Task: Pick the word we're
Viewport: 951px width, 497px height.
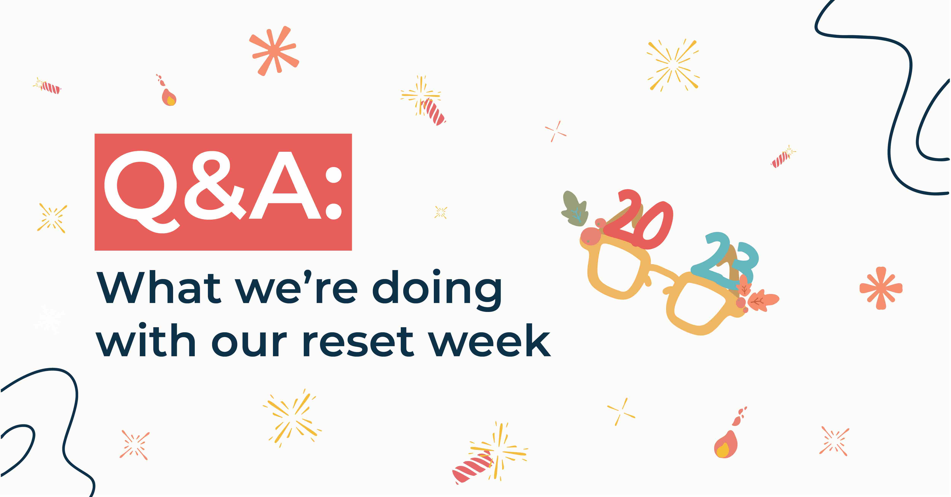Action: coord(297,288)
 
